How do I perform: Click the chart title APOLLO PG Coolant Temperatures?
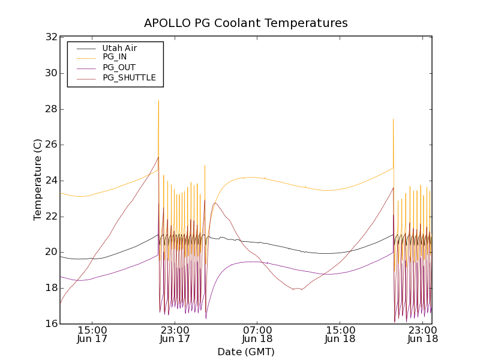point(245,23)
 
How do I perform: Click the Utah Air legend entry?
point(119,47)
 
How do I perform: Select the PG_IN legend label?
point(115,57)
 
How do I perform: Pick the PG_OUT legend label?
point(119,67)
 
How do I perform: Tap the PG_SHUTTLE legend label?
point(129,77)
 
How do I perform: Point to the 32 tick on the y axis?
point(51,37)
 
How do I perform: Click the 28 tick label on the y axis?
point(51,109)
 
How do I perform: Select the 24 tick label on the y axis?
point(51,181)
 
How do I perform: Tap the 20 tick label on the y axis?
point(51,252)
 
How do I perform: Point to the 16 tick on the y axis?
point(51,324)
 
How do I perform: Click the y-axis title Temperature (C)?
point(38,180)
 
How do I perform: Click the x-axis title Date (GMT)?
point(245,352)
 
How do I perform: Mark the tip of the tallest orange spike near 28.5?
point(158,100)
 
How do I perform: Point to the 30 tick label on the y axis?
point(51,73)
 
